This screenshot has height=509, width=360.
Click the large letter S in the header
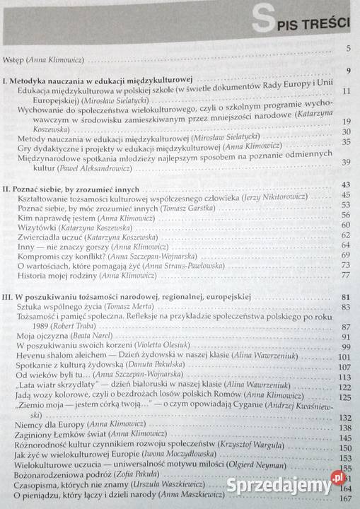coord(264,22)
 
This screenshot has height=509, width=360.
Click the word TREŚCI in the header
coord(327,23)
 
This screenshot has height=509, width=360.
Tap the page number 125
coord(344,397)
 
